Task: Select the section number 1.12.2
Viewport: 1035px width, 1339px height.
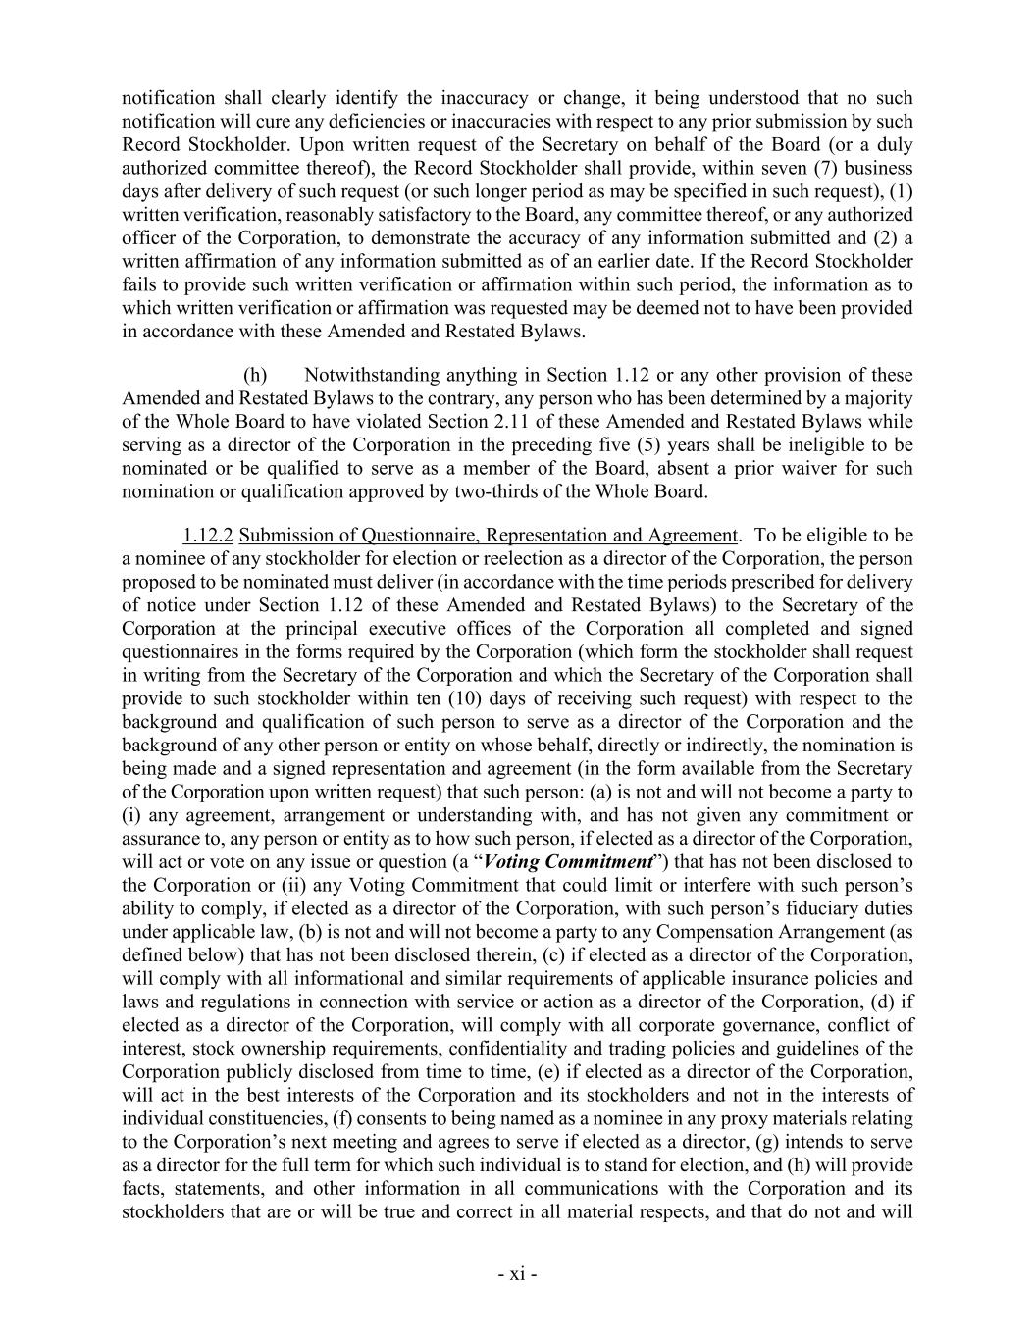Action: [207, 535]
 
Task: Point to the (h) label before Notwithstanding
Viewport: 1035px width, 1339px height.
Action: [254, 375]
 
